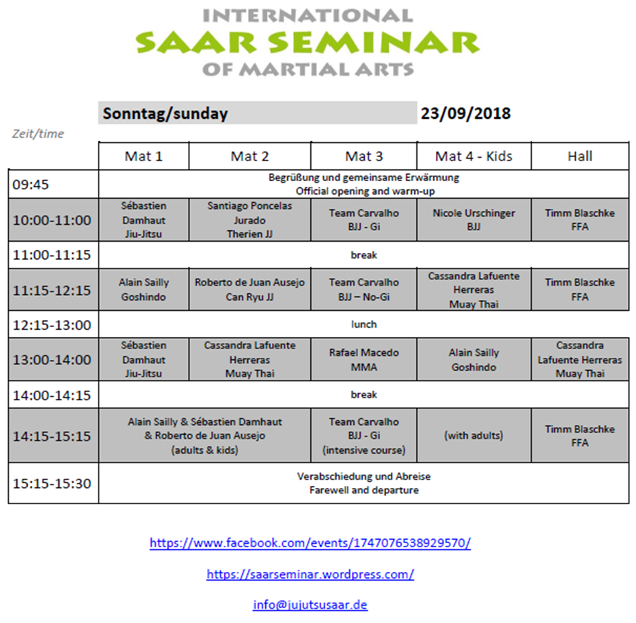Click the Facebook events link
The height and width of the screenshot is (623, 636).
(x=310, y=543)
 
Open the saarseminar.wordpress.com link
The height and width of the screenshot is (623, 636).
(x=310, y=574)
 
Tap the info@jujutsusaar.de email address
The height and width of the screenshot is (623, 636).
(x=310, y=605)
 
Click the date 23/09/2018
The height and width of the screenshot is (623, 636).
(x=465, y=113)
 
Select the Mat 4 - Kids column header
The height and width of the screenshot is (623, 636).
(x=473, y=156)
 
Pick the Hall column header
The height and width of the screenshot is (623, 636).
(x=580, y=156)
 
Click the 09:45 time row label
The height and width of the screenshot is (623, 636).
(x=31, y=185)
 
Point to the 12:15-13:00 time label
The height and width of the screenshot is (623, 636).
(x=51, y=325)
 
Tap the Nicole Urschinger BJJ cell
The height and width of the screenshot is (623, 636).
(x=473, y=220)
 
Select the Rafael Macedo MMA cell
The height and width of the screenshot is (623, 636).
(x=363, y=360)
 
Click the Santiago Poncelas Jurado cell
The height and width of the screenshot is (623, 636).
(x=250, y=220)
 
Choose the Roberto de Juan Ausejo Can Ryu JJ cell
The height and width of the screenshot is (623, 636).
(x=250, y=289)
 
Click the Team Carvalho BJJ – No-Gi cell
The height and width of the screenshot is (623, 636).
(x=363, y=289)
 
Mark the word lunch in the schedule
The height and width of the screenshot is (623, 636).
(x=363, y=324)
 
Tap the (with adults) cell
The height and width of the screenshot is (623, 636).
(x=473, y=436)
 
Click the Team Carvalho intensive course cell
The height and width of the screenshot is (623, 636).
(x=363, y=436)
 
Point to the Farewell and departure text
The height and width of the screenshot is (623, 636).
(x=363, y=490)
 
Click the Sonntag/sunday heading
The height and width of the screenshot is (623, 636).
(x=165, y=113)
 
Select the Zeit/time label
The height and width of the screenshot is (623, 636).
(x=38, y=134)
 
